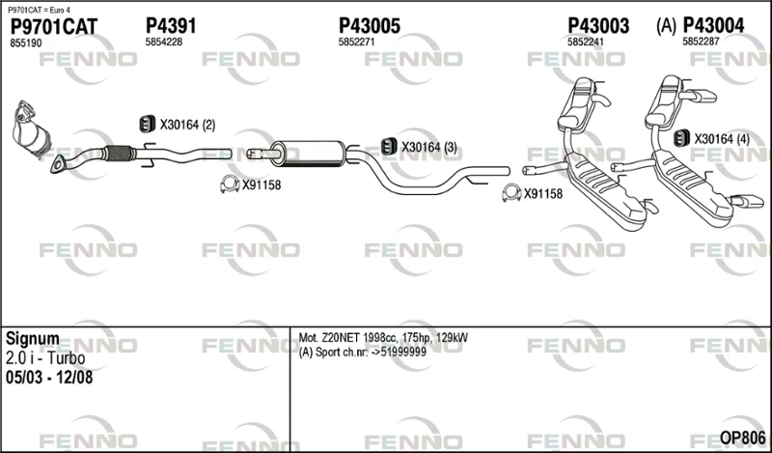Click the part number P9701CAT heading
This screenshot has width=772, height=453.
point(54,27)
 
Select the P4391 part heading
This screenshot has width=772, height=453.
point(171,26)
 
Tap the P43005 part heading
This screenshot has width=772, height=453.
point(370,26)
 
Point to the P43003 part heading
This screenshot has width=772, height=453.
point(598,26)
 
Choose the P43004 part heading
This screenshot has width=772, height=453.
point(713,26)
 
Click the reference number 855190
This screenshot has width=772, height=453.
point(26,43)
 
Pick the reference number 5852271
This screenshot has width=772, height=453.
point(356,42)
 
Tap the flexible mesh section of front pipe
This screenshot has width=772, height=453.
point(120,154)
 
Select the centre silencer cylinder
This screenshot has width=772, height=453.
point(309,153)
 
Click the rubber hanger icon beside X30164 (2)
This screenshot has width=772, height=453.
point(148,124)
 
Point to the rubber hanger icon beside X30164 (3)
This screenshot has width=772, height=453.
point(389,146)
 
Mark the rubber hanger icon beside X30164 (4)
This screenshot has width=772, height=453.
point(681,138)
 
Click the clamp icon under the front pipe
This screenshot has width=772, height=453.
point(229,184)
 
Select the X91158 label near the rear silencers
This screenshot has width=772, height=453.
point(543,194)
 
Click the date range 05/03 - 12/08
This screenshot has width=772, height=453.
point(49,377)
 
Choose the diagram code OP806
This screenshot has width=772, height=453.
point(742,438)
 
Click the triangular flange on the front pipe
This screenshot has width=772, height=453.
point(59,164)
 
